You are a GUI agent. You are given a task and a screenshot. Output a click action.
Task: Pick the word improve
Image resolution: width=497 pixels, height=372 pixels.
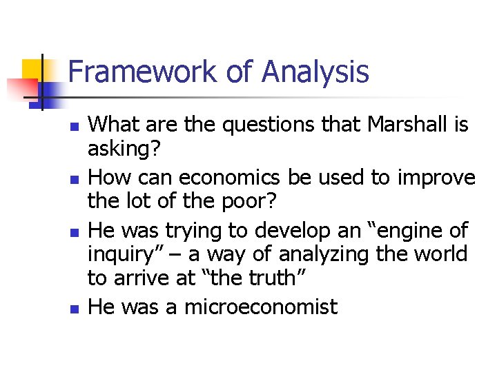434,178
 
